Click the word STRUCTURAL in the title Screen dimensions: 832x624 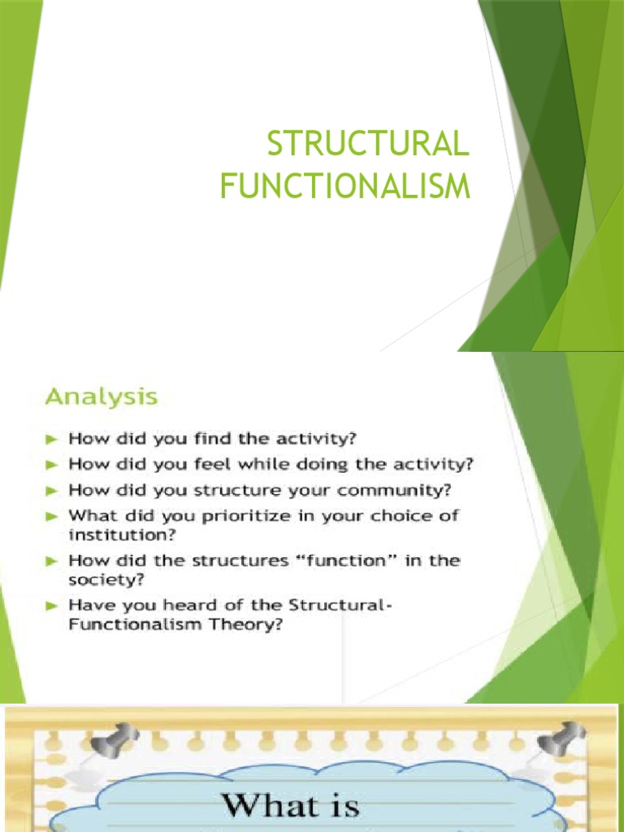point(368,147)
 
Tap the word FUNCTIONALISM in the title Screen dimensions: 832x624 point(345,185)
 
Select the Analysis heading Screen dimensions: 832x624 point(101,397)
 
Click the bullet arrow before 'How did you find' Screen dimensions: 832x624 point(52,439)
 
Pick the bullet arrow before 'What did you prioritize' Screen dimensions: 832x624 point(52,514)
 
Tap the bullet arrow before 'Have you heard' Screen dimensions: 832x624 point(52,604)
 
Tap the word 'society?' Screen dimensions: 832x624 point(102,579)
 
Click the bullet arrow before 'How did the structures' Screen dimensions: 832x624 point(52,560)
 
